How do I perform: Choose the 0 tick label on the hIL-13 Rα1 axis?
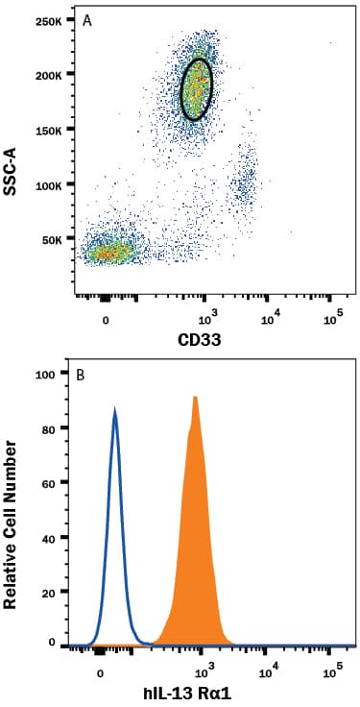pyautogui.click(x=101, y=671)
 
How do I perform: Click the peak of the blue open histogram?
pyautogui.click(x=115, y=411)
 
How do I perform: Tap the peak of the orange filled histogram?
pyautogui.click(x=195, y=397)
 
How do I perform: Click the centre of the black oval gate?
pyautogui.click(x=196, y=88)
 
